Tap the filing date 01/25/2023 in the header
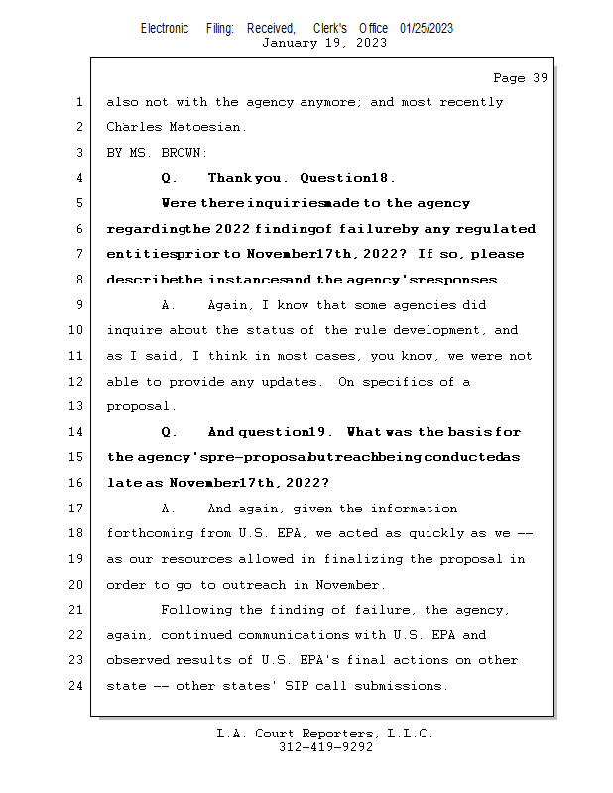(x=427, y=28)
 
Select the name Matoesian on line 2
(x=207, y=127)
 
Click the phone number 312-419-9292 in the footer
(x=325, y=748)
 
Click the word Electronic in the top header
(x=165, y=28)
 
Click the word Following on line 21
(x=195, y=610)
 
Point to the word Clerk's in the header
(x=330, y=28)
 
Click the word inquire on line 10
(x=133, y=330)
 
